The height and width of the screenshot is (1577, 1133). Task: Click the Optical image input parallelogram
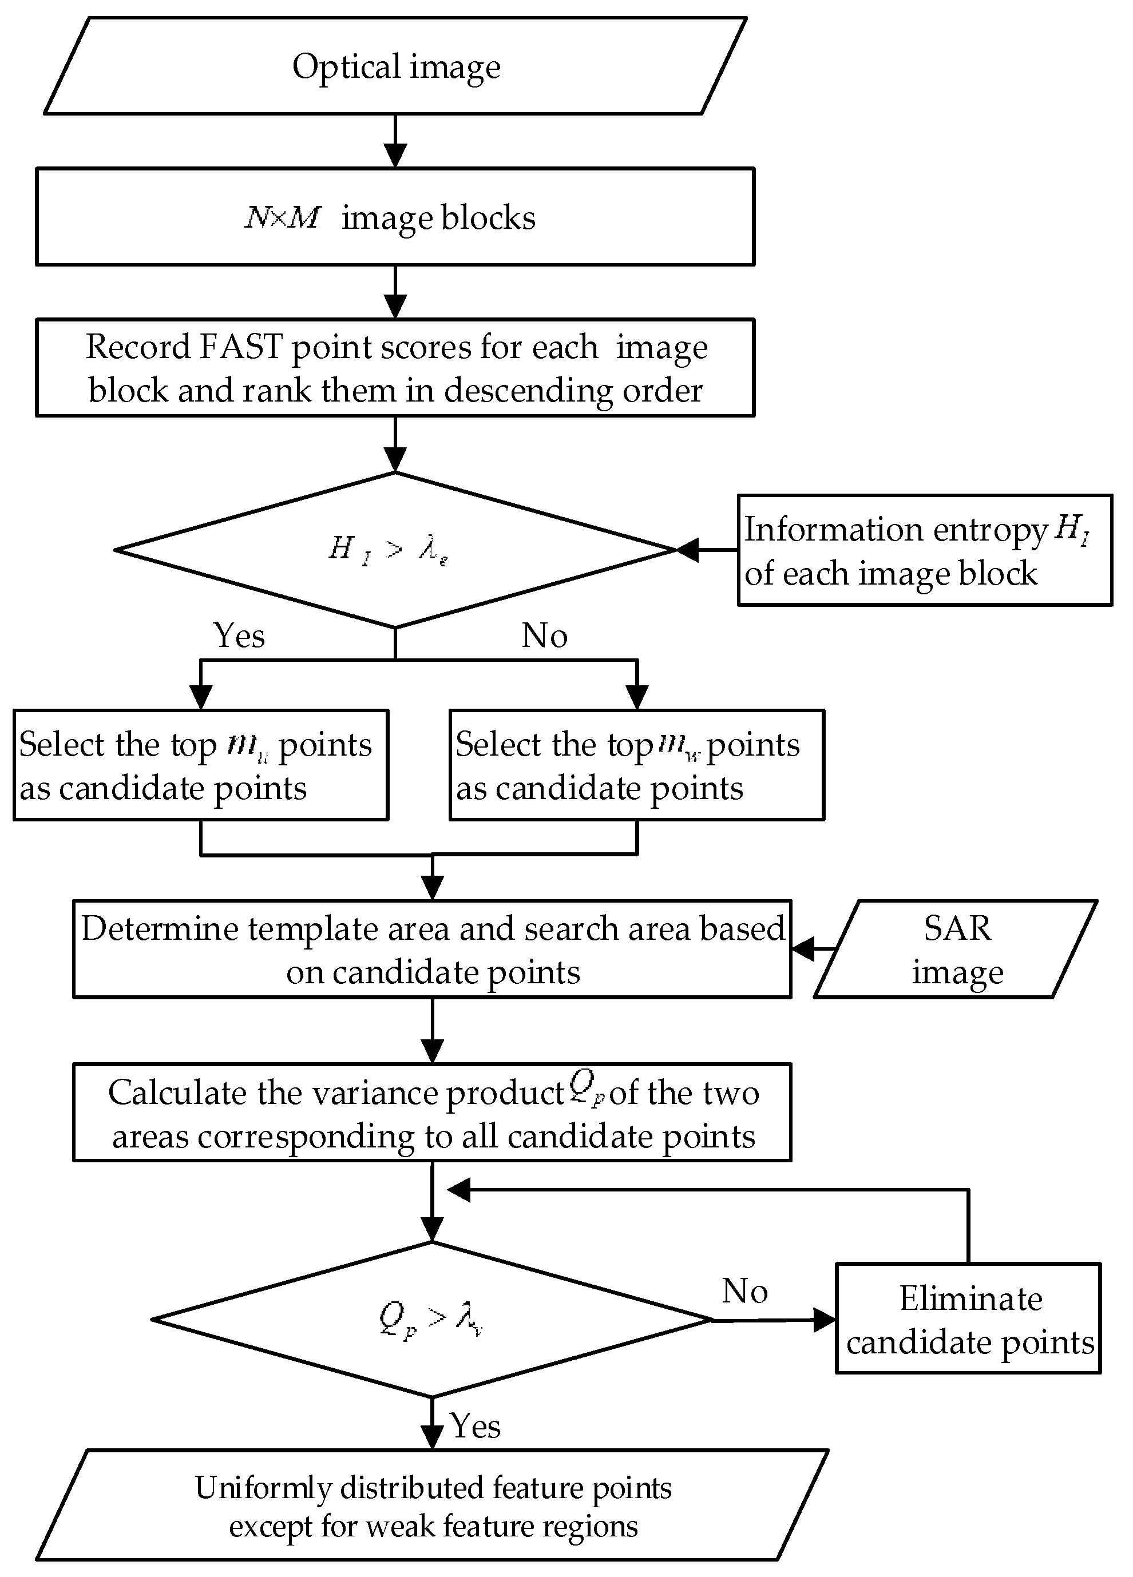pos(395,66)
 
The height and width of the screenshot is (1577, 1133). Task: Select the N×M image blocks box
pos(395,217)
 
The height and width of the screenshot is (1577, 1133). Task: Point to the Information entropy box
pos(924,551)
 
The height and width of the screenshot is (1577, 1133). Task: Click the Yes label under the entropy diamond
pos(239,635)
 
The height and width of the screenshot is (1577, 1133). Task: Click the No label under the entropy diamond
pos(545,635)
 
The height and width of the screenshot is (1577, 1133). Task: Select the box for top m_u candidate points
pos(200,765)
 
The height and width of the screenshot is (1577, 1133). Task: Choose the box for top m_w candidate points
pos(636,765)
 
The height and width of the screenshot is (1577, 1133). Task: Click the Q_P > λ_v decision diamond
pos(432,1319)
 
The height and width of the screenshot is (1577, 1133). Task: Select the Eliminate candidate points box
pos(968,1319)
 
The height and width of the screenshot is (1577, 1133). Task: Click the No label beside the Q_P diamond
pos(744,1291)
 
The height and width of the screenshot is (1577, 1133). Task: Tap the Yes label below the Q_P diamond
pos(475,1426)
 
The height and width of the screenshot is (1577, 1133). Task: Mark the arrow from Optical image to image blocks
pos(395,141)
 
